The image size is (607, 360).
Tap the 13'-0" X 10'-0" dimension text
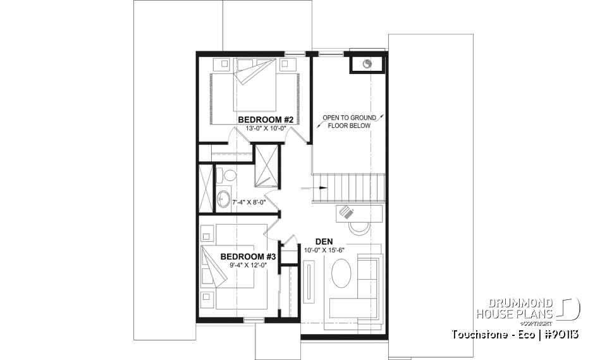pos(266,128)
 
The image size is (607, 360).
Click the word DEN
pos(324,241)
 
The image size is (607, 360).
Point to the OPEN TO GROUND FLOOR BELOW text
pos(349,121)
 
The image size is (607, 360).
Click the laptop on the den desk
pos(346,213)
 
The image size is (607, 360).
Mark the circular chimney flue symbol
pos(367,64)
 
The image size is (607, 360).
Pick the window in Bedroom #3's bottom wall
pos(254,321)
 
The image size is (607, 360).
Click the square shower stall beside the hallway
pos(266,165)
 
